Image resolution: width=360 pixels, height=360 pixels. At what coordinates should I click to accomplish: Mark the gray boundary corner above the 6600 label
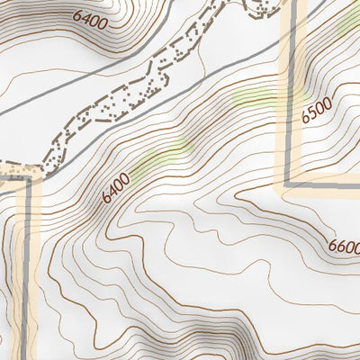289,184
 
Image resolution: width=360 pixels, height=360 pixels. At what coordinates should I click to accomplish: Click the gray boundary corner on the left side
28,178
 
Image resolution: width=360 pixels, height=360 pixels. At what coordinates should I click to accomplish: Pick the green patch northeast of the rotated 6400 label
166,155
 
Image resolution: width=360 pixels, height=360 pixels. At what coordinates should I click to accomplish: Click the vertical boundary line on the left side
28,270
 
